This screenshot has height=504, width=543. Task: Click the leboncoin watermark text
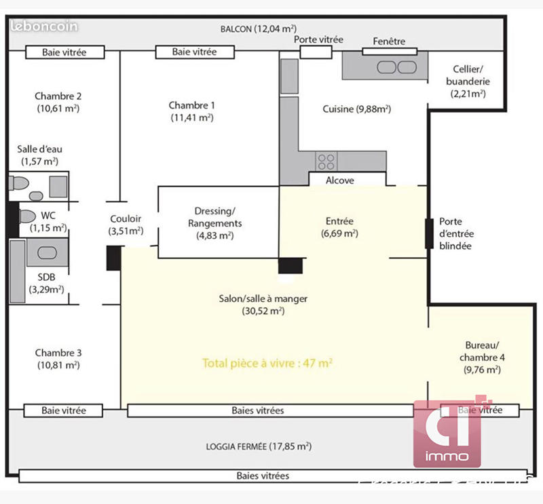[x=44, y=26]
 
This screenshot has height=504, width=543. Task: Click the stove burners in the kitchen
[x=326, y=161]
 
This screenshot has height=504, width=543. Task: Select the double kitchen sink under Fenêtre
[x=396, y=66]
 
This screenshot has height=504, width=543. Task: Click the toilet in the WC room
[x=26, y=216]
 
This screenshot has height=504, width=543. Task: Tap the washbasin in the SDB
[x=46, y=252]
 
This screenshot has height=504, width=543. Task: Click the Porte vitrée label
[x=318, y=40]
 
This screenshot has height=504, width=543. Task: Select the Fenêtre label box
[x=389, y=41]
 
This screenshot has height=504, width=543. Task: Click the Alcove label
[x=339, y=180]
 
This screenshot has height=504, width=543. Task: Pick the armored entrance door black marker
[x=429, y=233]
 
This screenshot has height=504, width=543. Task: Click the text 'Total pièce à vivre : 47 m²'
[x=267, y=364]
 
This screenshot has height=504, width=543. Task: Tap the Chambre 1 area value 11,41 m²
[x=192, y=117]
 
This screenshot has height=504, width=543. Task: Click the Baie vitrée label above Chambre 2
[x=64, y=52]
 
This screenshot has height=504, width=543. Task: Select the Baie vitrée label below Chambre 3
[x=64, y=410]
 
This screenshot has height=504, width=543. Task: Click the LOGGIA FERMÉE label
[x=258, y=446]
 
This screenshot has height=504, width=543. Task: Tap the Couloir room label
[x=126, y=225]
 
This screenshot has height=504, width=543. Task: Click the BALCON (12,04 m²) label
[x=258, y=28]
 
